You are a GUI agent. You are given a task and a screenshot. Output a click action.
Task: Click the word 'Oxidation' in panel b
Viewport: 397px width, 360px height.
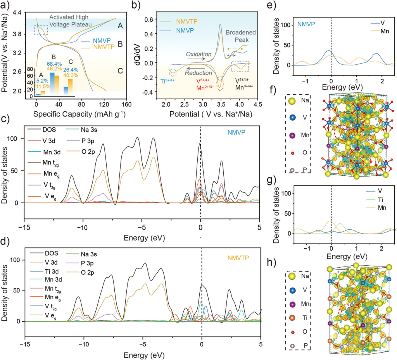199,54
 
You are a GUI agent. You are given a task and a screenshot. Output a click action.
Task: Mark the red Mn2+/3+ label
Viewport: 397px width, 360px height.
204,89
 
